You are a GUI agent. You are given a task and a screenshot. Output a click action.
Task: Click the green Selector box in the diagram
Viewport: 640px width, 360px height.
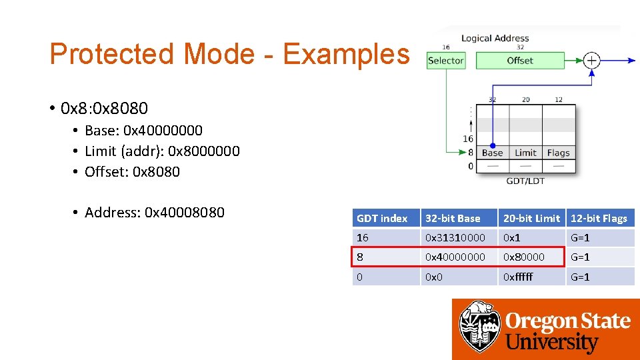445,61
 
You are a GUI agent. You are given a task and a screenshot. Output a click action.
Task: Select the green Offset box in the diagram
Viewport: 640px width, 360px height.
519,61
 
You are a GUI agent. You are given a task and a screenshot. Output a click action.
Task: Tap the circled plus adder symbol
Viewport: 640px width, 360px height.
591,61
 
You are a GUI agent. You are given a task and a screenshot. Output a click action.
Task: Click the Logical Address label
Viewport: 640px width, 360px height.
495,39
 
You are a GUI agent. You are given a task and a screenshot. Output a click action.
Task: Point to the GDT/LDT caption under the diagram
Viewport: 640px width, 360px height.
525,181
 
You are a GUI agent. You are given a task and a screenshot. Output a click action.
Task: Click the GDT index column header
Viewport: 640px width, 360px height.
382,218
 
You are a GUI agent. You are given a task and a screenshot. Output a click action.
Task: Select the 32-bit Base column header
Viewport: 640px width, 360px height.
453,218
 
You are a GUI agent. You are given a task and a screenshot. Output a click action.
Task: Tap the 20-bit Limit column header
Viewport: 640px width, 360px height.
531,218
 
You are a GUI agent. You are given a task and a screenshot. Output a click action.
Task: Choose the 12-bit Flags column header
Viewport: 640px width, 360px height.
599,218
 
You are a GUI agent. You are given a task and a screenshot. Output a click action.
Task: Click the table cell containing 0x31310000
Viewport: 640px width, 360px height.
455,237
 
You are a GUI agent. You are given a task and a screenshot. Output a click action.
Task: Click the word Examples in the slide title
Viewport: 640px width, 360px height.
346,54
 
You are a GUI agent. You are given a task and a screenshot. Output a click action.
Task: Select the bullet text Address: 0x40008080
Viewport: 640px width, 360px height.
154,213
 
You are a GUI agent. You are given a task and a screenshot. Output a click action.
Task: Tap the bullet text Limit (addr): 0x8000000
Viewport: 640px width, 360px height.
162,151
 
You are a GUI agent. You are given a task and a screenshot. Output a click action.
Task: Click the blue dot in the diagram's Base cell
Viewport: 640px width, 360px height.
492,145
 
